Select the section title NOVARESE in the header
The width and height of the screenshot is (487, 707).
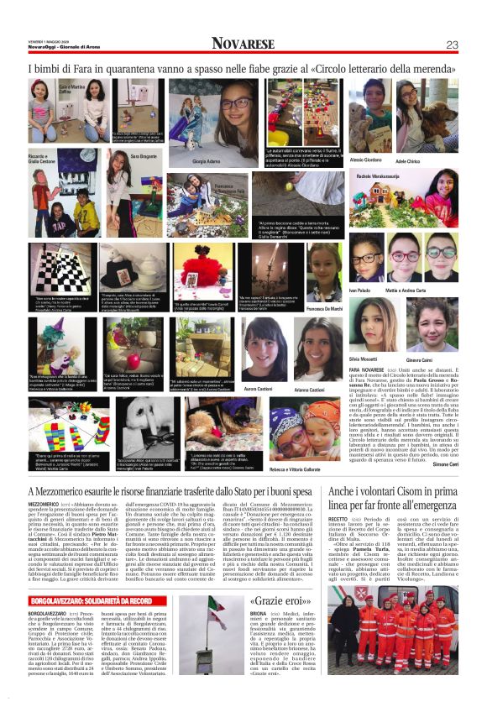(x=243, y=44)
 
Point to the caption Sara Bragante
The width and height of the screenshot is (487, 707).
(x=143, y=156)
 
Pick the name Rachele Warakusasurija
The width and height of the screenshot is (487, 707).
(x=384, y=177)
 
